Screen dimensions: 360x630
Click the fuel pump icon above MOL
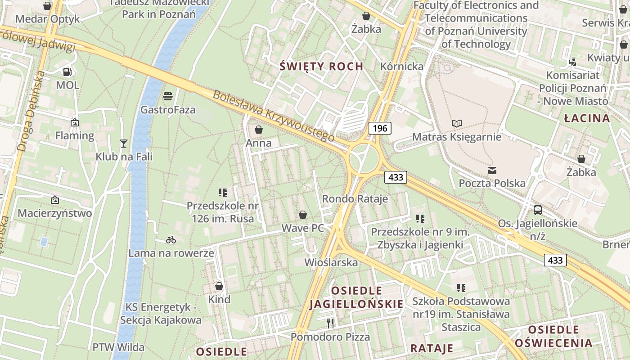67,72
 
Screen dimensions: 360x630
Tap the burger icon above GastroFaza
168,96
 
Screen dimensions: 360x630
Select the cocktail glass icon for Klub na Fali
124,144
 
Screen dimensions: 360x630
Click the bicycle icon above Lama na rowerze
171,240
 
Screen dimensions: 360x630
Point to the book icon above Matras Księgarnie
457,123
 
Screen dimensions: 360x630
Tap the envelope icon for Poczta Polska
492,170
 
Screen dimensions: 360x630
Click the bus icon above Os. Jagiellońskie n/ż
537,210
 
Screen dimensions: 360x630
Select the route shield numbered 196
380,128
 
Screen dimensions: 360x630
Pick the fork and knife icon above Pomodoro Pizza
330,323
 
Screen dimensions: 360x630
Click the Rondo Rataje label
355,199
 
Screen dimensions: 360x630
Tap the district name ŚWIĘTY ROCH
321,67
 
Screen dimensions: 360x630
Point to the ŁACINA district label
587,118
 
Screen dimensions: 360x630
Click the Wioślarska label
331,262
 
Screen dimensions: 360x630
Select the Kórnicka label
402,67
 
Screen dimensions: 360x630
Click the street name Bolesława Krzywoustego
274,116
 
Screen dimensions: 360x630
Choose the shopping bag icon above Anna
259,130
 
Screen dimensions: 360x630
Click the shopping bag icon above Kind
219,286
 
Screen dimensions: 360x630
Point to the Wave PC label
303,228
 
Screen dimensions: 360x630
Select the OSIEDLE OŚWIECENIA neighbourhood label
559,336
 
